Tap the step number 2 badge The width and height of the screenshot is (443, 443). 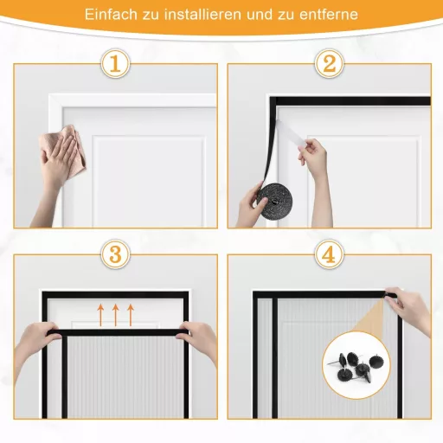pos(329,63)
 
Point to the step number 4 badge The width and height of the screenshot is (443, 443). pos(329,255)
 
